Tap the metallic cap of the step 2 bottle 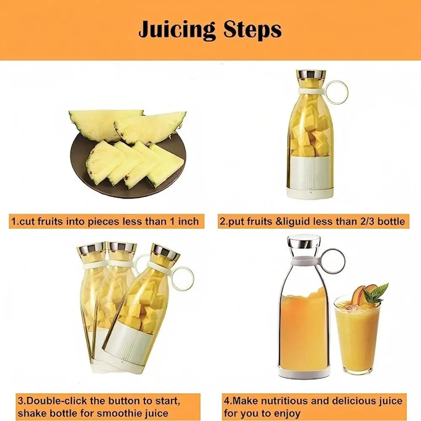pos(311,75)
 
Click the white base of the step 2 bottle pos(310,177)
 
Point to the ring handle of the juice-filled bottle pos(333,261)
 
